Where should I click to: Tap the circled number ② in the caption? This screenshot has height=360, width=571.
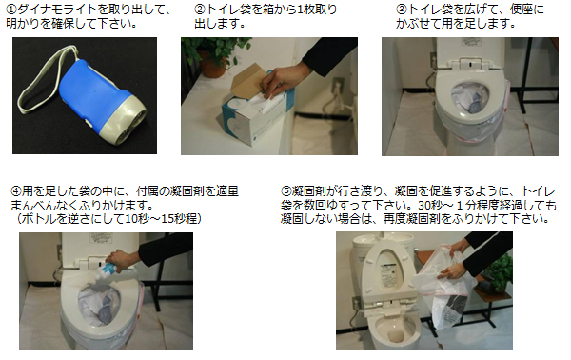(x=200, y=10)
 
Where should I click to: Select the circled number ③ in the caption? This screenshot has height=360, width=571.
(x=402, y=10)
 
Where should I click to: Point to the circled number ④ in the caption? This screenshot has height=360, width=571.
(x=16, y=190)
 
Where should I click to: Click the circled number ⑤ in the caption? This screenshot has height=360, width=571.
(x=286, y=190)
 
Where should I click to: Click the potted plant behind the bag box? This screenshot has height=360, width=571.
(x=213, y=54)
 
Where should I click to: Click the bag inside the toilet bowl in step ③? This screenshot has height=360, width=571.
(x=469, y=98)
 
